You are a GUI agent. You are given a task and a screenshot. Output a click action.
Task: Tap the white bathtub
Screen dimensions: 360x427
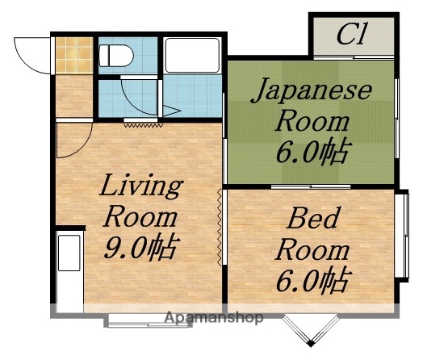192,57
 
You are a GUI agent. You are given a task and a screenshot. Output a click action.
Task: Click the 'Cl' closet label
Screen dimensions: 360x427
352,35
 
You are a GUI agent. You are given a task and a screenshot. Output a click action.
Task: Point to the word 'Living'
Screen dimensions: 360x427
140,188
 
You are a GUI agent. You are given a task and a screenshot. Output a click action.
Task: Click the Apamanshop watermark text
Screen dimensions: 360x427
213,318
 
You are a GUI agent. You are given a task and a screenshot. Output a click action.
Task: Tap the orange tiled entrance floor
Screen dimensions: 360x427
69,55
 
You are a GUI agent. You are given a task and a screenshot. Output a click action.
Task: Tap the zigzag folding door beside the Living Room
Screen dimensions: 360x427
220,226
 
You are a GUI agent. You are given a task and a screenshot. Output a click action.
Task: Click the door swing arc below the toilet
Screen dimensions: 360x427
132,98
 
